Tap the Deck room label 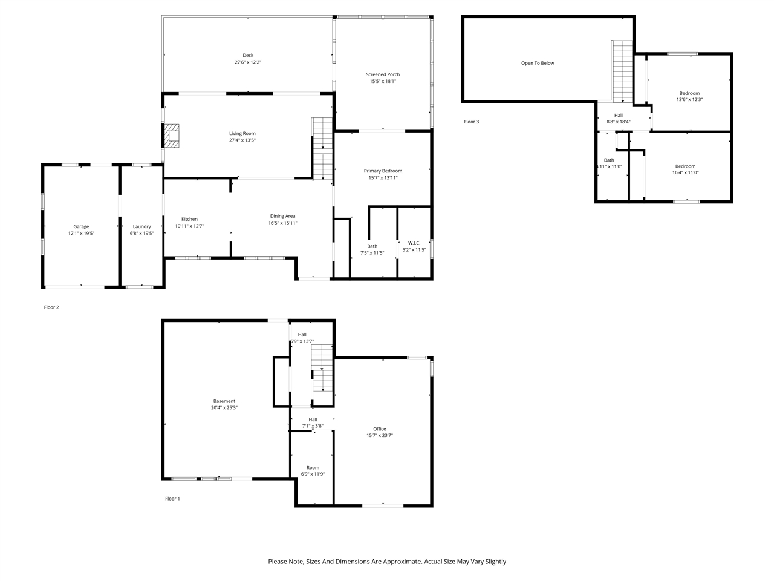pyautogui.click(x=248, y=55)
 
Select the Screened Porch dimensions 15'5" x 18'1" pyautogui.click(x=383, y=81)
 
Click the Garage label pyautogui.click(x=81, y=226)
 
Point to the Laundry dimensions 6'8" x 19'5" pyautogui.click(x=141, y=233)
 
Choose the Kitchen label pyautogui.click(x=189, y=219)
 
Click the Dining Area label pyautogui.click(x=282, y=216)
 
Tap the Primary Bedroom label pyautogui.click(x=383, y=171)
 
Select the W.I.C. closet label pyautogui.click(x=414, y=243)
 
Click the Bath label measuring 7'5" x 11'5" pyautogui.click(x=372, y=246)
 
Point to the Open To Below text pyautogui.click(x=538, y=63)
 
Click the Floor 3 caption pyautogui.click(x=471, y=122)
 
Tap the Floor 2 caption pyautogui.click(x=51, y=307)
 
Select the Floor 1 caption pyautogui.click(x=172, y=499)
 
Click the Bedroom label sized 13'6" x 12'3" pyautogui.click(x=689, y=93)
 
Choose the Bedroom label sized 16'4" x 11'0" pyautogui.click(x=685, y=166)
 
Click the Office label pyautogui.click(x=379, y=428)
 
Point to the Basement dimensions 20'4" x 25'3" pyautogui.click(x=224, y=407)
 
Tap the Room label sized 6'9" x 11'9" pyautogui.click(x=313, y=467)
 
